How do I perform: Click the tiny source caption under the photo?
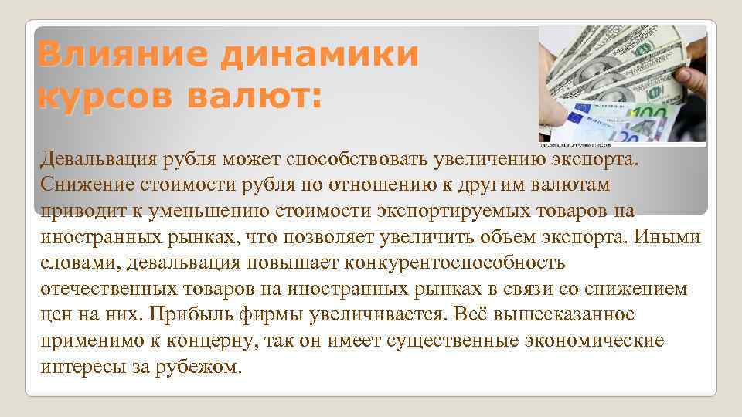[587, 145]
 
